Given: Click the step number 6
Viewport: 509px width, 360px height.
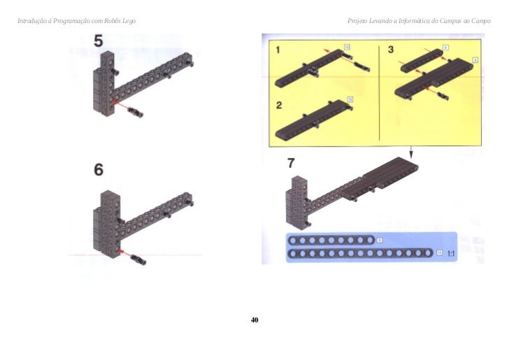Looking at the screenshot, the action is point(99,169).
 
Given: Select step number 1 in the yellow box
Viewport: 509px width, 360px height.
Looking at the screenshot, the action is point(278,50).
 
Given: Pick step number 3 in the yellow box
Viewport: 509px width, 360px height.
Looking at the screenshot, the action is point(391,50).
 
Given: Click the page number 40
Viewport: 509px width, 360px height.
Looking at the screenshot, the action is point(254,320).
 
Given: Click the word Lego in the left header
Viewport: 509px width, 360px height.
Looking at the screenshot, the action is point(128,20).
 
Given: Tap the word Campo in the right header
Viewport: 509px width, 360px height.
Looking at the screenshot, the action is point(481,20).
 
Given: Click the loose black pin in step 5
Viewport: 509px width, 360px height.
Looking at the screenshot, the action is point(135,111).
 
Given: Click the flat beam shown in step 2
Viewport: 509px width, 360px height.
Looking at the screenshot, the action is point(312,120).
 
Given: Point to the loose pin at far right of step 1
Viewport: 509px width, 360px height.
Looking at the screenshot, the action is point(360,66).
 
